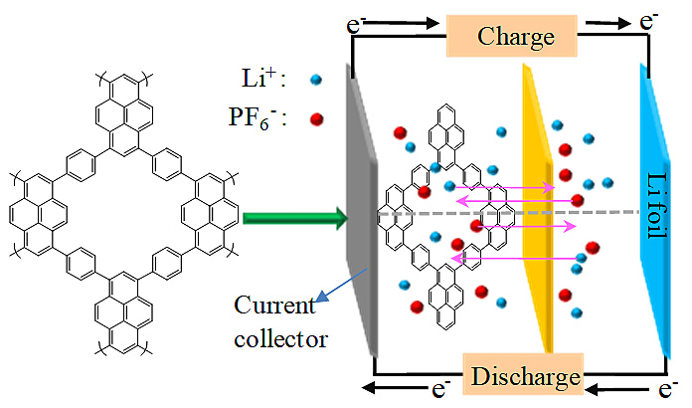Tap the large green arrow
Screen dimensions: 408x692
pyautogui.click(x=292, y=214)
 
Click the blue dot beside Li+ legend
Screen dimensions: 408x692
pyautogui.click(x=315, y=79)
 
